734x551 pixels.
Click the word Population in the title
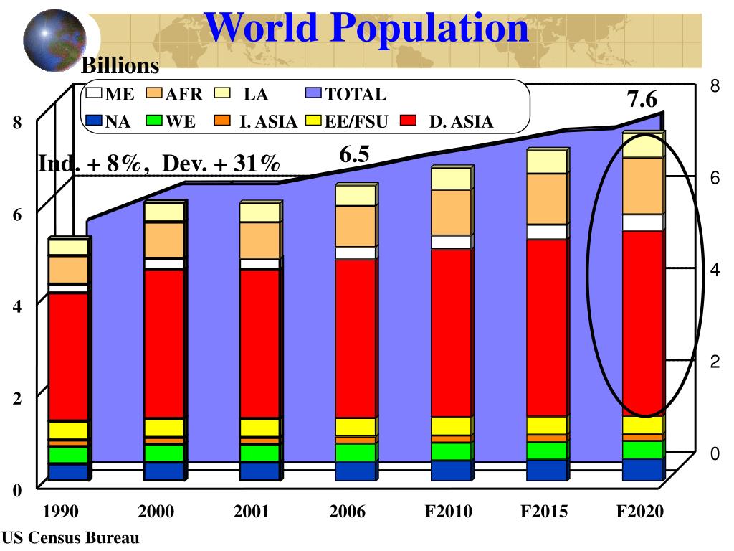point(429,28)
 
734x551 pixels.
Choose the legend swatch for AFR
point(155,93)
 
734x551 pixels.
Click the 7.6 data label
point(642,99)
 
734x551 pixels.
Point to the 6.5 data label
point(354,154)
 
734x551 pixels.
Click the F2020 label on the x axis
point(641,512)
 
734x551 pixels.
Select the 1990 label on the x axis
point(60,512)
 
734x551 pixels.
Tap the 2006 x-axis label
point(348,512)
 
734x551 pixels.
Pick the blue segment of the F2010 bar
point(450,470)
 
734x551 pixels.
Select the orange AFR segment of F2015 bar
point(547,199)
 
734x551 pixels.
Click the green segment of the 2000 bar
point(163,453)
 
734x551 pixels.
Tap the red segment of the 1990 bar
point(67,357)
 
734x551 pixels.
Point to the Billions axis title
point(120,67)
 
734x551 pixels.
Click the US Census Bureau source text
point(70,537)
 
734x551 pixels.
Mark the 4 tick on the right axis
point(714,269)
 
